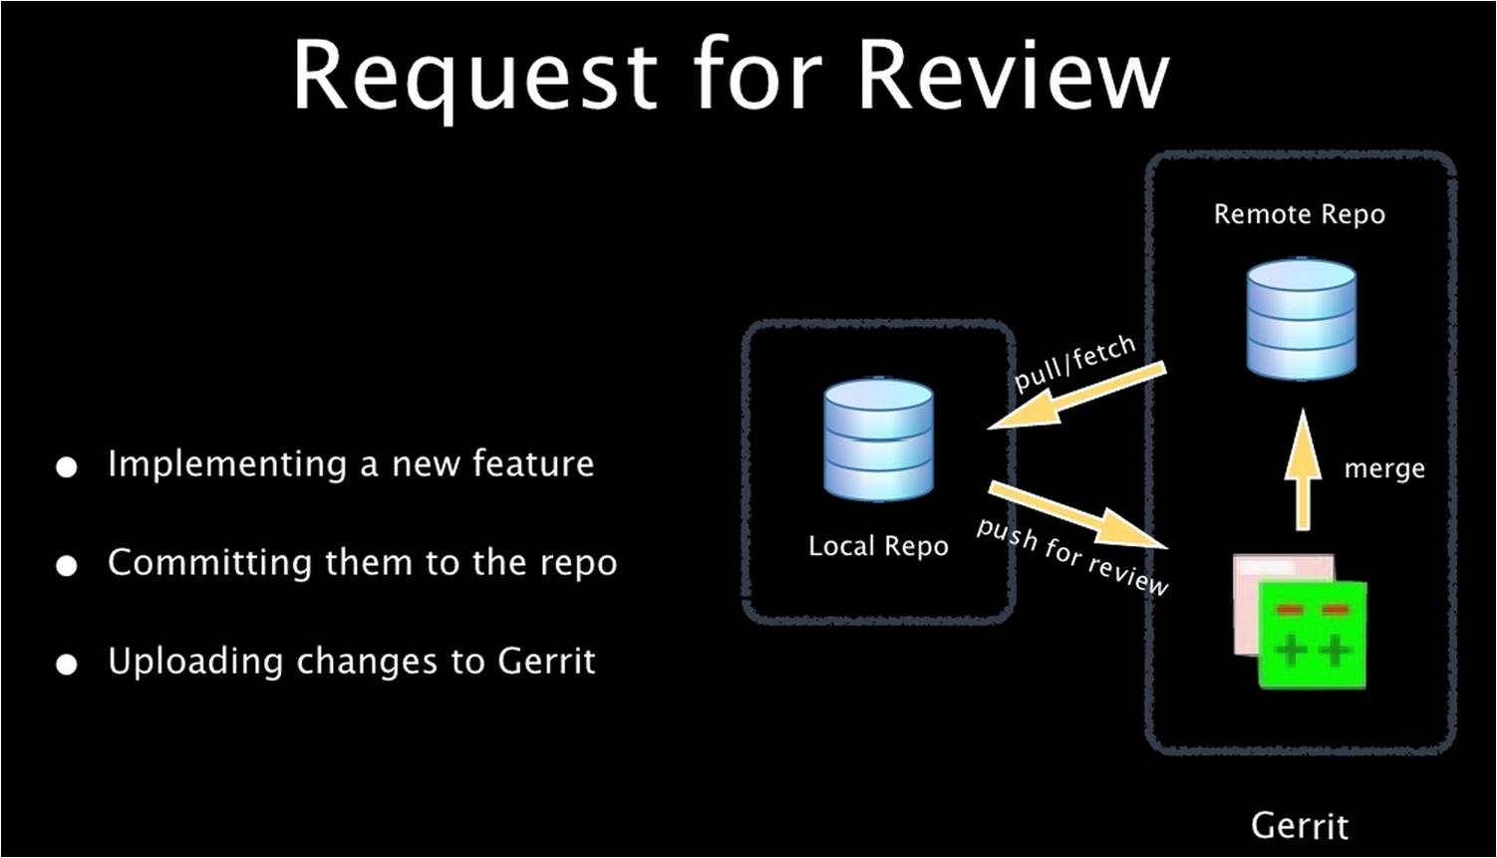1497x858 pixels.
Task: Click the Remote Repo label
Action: click(x=1299, y=214)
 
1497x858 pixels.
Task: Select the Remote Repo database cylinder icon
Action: click(x=1302, y=319)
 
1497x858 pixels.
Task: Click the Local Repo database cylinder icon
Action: click(x=878, y=439)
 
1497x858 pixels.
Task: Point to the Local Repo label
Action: click(x=878, y=546)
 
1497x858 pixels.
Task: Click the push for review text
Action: click(x=1071, y=556)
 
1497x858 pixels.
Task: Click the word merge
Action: click(x=1384, y=468)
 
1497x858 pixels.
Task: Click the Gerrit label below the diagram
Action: click(x=1300, y=825)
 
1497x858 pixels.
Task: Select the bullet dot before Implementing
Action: click(x=67, y=467)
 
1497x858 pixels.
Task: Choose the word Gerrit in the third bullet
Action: click(x=546, y=661)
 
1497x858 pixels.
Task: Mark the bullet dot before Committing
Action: click(x=67, y=566)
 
